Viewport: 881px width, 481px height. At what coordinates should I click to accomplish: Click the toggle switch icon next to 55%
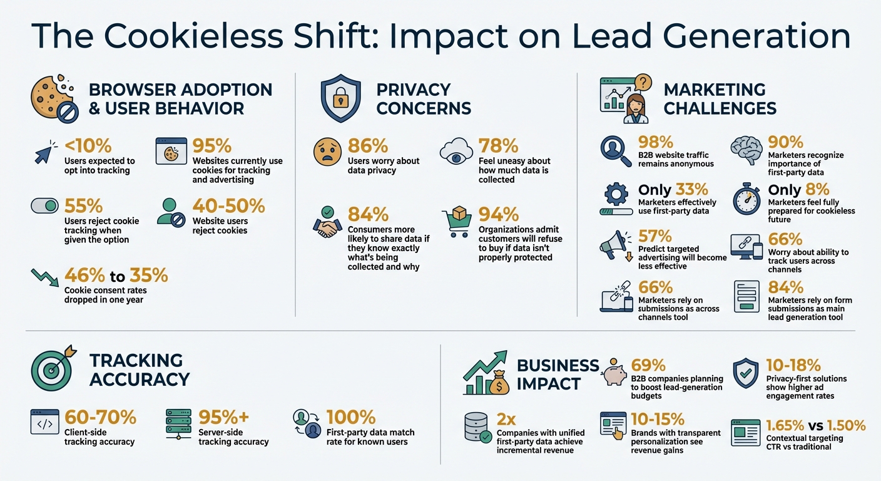coord(44,207)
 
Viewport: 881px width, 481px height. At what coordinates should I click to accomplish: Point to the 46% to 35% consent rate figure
coord(116,276)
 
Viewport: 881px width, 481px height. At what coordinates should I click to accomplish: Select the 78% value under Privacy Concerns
coord(499,146)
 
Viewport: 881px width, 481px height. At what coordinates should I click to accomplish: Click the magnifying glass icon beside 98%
coord(615,150)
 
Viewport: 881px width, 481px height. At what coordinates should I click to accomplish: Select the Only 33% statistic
coord(673,190)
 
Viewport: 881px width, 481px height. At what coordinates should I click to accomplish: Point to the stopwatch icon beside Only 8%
coord(746,199)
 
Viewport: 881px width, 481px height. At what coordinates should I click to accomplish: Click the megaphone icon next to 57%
coord(615,245)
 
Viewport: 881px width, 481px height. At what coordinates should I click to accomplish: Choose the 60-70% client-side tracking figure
coord(100,418)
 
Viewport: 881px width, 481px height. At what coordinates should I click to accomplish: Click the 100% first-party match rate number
coord(351,418)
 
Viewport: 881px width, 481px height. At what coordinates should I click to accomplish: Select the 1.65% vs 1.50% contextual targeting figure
coord(816,426)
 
